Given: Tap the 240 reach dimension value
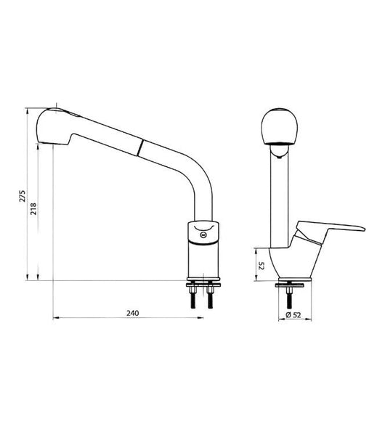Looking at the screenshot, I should coord(132,314).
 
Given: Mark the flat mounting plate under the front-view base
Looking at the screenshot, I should coord(293,282).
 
